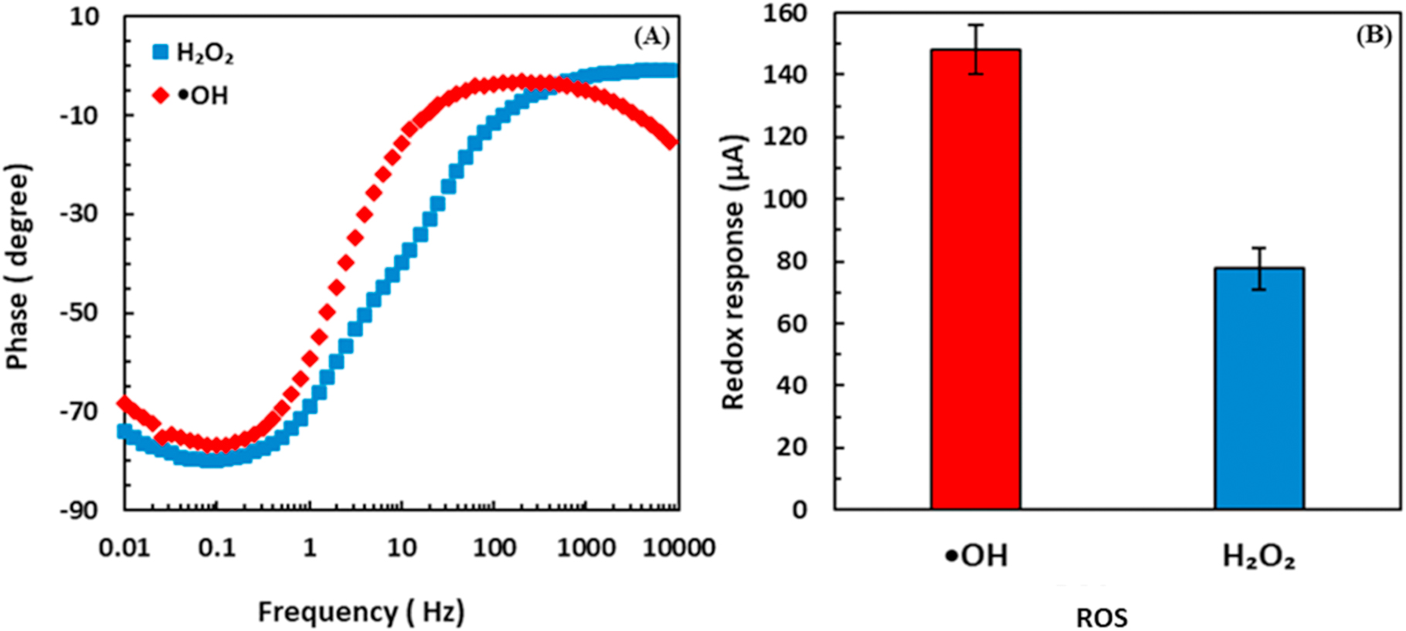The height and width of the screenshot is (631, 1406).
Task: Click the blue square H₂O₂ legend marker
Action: tap(161, 53)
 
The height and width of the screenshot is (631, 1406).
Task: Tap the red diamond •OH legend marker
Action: tap(161, 96)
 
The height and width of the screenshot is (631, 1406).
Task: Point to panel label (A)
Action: tap(650, 36)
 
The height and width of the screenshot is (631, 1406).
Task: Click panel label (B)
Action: tap(1374, 36)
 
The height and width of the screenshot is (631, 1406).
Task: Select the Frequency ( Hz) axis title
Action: tap(361, 612)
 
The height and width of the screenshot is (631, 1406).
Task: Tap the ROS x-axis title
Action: tap(1102, 617)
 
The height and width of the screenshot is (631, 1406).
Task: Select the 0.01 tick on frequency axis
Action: tap(124, 548)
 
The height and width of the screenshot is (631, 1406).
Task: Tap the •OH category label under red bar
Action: tap(976, 556)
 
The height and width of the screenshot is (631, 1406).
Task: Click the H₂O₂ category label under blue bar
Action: tap(1258, 557)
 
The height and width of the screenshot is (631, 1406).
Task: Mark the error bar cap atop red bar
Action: tap(976, 25)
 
